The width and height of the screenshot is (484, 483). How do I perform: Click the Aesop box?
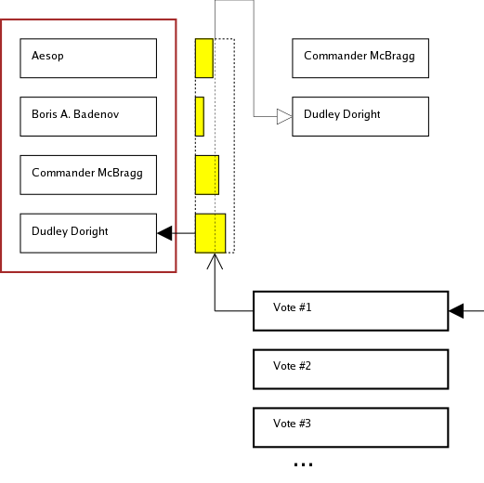click(88, 58)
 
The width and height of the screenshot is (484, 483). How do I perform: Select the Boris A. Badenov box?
click(88, 116)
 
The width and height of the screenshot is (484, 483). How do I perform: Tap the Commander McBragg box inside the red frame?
click(88, 175)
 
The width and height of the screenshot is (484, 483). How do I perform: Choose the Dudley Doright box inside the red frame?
click(88, 232)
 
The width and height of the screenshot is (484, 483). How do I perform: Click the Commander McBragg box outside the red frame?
click(360, 58)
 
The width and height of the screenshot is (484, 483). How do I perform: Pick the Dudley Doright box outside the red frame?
click(360, 116)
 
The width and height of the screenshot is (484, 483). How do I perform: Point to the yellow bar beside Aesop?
click(204, 58)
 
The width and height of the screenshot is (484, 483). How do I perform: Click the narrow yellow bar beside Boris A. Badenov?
click(200, 116)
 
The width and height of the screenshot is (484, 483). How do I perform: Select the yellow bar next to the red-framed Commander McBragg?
click(206, 175)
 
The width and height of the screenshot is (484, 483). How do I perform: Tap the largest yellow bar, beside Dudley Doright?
click(210, 232)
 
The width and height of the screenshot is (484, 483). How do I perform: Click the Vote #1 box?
click(351, 311)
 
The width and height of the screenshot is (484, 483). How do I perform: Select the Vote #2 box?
click(351, 369)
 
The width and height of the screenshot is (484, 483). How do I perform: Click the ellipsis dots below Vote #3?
click(303, 463)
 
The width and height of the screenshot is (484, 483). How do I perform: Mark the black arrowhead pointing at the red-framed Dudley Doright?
click(165, 233)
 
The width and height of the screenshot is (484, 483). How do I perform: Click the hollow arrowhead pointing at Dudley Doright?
click(284, 116)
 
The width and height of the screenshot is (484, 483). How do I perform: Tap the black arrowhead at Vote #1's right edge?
click(456, 311)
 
